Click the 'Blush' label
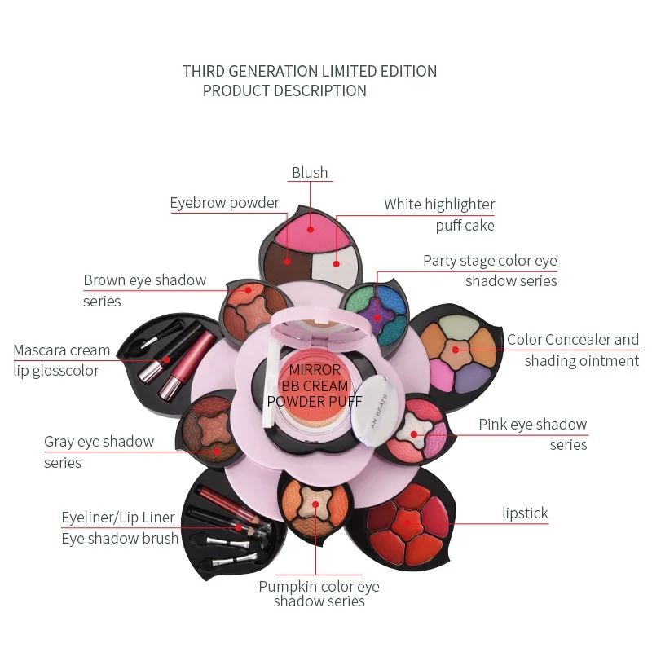310,173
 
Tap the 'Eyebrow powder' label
224,203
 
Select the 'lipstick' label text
525,513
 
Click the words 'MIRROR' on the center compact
314,370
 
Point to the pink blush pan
311,228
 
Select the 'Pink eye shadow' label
532,425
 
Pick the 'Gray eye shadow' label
99,442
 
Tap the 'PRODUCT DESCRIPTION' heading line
284,91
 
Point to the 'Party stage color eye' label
490,261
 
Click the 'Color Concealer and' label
573,340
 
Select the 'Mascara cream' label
61,350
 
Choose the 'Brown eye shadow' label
144,280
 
